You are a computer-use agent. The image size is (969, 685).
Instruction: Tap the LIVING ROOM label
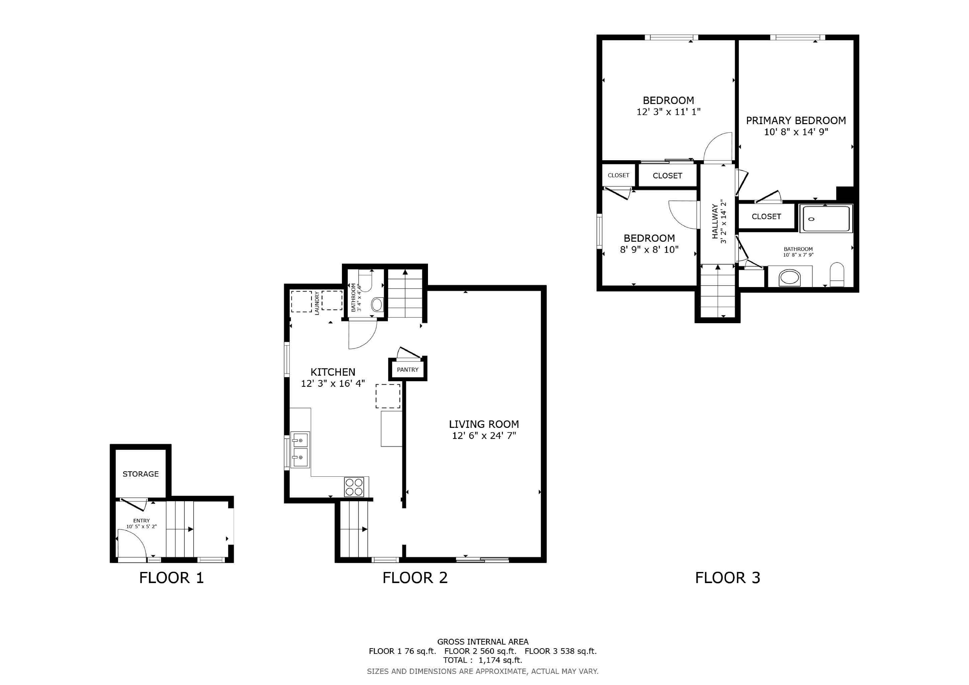tap(484, 424)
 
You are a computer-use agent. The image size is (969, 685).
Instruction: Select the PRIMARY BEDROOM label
tap(796, 121)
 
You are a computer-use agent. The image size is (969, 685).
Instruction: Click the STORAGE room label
tap(141, 474)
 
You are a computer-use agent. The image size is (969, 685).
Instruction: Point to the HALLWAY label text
tap(715, 222)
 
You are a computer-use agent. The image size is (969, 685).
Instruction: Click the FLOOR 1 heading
tap(171, 578)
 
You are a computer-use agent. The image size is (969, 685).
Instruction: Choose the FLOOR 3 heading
tap(728, 578)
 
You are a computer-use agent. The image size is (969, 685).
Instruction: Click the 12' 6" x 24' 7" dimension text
tap(484, 435)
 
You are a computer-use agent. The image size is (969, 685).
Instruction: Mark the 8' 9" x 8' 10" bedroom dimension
tap(649, 250)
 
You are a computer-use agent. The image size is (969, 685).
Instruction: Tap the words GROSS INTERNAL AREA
tap(483, 642)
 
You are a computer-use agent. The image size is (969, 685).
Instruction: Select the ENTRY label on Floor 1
tap(141, 521)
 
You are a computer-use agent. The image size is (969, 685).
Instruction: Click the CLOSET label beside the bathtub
tap(766, 216)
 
